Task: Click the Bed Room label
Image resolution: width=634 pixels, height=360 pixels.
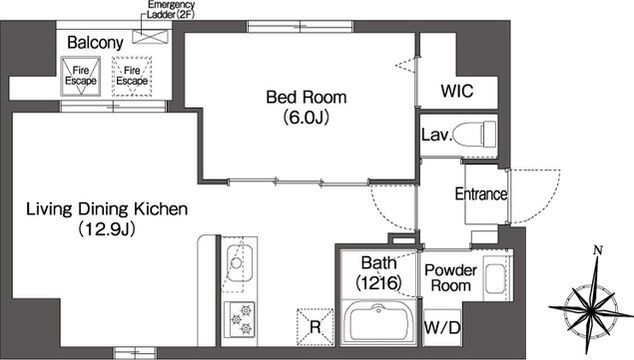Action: pos(306,97)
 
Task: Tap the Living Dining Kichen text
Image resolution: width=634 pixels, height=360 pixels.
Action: pos(107,209)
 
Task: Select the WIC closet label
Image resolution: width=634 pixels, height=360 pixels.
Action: pos(457,91)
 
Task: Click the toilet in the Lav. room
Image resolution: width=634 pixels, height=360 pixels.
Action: pos(474,135)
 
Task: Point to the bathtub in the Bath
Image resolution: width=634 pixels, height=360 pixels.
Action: pos(379,322)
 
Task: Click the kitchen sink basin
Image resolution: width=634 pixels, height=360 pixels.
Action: pos(239,263)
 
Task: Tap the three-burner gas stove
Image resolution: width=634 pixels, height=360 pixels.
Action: pos(240,320)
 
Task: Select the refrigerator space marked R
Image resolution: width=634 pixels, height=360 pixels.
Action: pos(315,327)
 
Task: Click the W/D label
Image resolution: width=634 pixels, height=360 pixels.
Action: pos(442,328)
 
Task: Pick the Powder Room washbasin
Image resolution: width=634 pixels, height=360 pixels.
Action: pos(495,278)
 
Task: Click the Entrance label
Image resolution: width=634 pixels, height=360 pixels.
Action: pos(481,194)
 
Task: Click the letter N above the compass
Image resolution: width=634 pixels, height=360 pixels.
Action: pos(598,251)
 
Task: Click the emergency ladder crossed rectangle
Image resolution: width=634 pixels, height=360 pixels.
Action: pos(150,36)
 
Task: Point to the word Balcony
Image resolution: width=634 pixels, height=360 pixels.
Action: pos(95,43)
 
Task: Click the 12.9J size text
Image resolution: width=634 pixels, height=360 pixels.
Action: pos(106,229)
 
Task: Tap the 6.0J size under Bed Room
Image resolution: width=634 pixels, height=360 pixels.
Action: pos(306,117)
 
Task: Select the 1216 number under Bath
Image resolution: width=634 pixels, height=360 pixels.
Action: pos(379,282)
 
